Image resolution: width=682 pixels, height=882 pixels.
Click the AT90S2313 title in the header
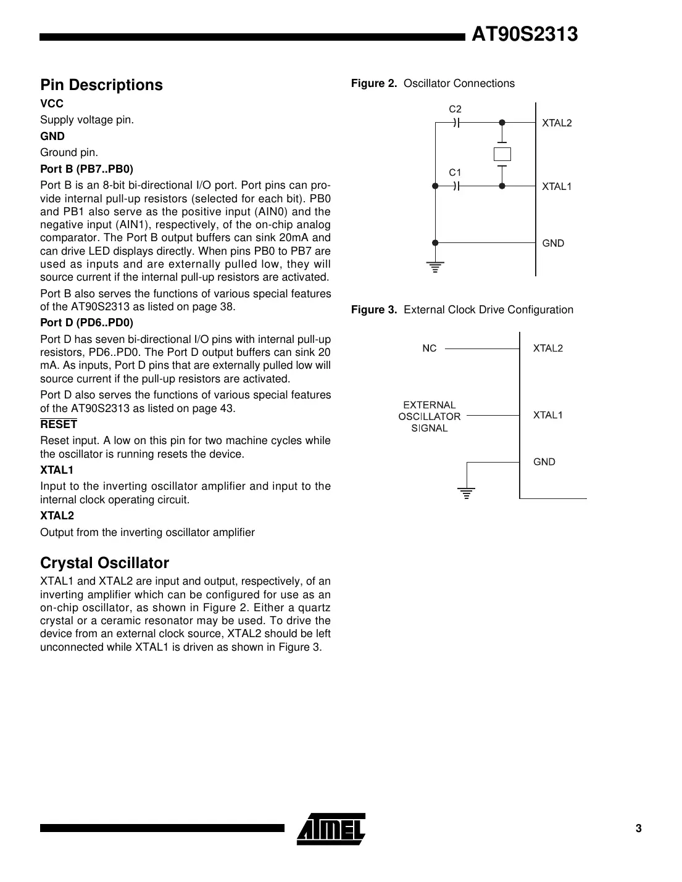[524, 34]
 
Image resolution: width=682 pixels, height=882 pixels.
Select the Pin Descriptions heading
[101, 85]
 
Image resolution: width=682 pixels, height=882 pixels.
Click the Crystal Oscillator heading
[104, 563]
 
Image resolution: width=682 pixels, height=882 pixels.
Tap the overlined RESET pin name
[59, 424]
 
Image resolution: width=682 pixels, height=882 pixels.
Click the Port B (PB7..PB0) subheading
[86, 168]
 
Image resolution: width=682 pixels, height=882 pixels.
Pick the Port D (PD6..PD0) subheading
[86, 323]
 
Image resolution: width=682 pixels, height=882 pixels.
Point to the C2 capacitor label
[455, 109]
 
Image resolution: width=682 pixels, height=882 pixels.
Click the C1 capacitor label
[455, 173]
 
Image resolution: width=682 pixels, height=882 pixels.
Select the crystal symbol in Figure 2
[502, 154]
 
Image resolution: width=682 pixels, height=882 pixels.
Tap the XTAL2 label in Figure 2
[557, 123]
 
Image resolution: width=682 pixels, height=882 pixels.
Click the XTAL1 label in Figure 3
[548, 415]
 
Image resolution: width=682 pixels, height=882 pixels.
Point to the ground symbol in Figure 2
[435, 267]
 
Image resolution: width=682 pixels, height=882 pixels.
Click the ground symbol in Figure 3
[467, 492]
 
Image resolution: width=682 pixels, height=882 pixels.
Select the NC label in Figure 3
[429, 348]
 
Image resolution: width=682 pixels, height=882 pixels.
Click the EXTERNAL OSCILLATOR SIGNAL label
[429, 416]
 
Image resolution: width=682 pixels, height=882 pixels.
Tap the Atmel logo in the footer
[331, 828]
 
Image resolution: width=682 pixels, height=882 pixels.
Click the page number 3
[639, 828]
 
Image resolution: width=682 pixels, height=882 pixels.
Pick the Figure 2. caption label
[374, 83]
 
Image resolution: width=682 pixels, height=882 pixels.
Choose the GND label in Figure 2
[553, 243]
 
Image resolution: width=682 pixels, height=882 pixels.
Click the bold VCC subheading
[52, 104]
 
